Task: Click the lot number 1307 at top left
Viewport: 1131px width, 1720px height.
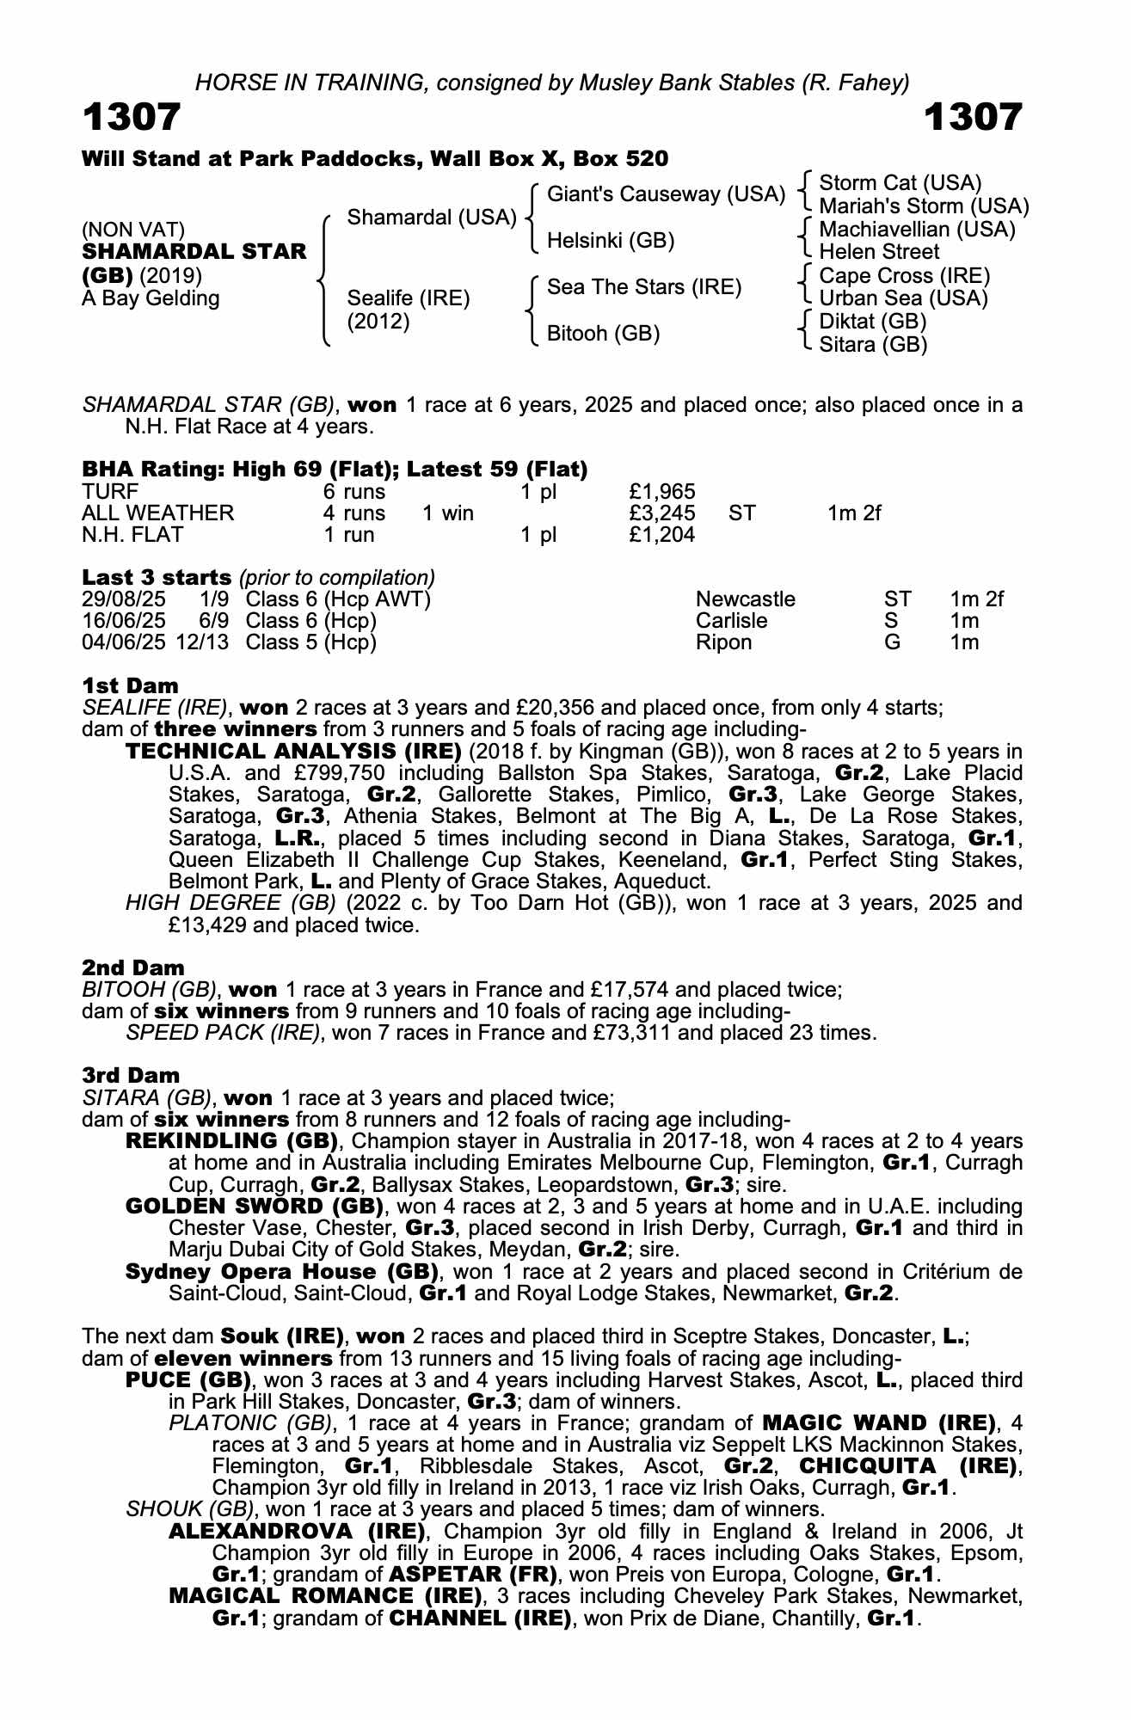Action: [x=132, y=117]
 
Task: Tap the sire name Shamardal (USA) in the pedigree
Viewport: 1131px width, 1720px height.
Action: [x=431, y=218]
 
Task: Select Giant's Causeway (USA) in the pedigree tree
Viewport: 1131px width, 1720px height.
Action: [x=666, y=194]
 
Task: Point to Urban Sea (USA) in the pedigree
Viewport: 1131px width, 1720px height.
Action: [x=903, y=298]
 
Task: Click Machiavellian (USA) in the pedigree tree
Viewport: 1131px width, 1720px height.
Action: [x=917, y=230]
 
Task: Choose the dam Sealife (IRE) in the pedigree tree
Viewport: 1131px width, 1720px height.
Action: [x=409, y=298]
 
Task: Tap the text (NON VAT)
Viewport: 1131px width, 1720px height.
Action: [x=133, y=230]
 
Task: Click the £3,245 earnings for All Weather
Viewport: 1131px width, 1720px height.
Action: [x=662, y=513]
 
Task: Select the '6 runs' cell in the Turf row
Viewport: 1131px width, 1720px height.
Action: [x=353, y=492]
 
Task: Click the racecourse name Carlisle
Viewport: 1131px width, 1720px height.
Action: [x=731, y=621]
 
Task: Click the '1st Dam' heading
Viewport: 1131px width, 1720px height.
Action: [x=131, y=685]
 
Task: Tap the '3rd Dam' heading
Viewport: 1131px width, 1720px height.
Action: [x=131, y=1075]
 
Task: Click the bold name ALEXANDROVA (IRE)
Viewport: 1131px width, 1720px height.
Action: [x=298, y=1531]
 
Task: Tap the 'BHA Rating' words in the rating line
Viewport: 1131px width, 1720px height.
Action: [x=149, y=470]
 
